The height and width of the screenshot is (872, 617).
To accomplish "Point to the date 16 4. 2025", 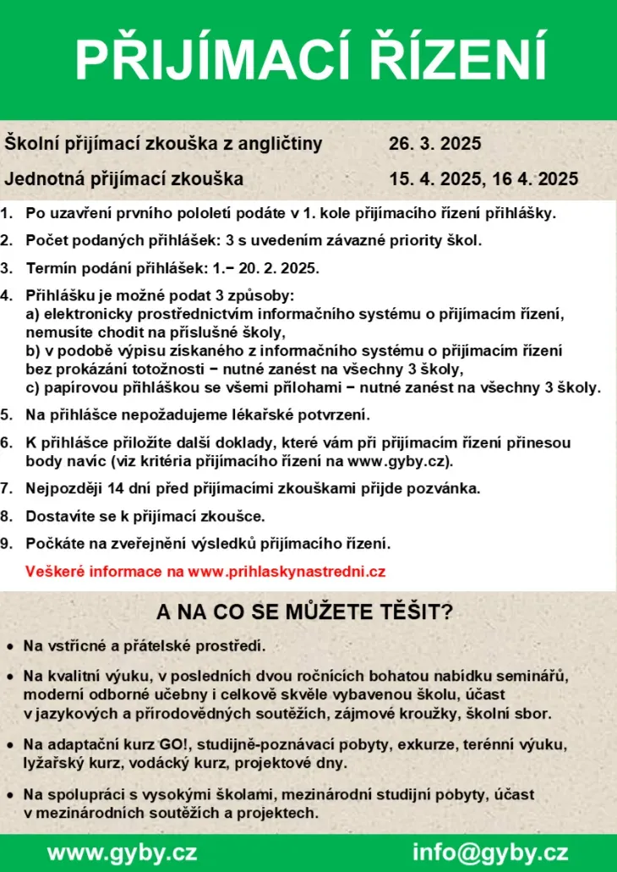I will tap(532, 178).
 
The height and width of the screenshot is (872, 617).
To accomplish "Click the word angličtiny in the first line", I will tap(280, 144).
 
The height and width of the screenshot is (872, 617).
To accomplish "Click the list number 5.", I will tap(7, 414).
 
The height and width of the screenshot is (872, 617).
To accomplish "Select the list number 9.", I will tap(7, 543).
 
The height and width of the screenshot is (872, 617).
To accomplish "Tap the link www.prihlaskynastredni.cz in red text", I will tap(287, 571).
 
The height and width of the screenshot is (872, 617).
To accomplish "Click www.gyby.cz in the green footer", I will tap(123, 851).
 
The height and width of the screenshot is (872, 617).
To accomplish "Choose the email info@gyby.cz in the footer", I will tap(490, 851).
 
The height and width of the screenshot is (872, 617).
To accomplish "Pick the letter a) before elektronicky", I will tap(33, 314).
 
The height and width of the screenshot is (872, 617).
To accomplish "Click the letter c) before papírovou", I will tap(33, 388).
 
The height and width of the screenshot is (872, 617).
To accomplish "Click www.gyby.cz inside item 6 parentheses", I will tap(399, 461).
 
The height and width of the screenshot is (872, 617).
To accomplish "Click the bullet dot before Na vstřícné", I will tap(9, 647).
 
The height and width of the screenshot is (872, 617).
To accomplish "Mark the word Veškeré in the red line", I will tap(53, 571).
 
